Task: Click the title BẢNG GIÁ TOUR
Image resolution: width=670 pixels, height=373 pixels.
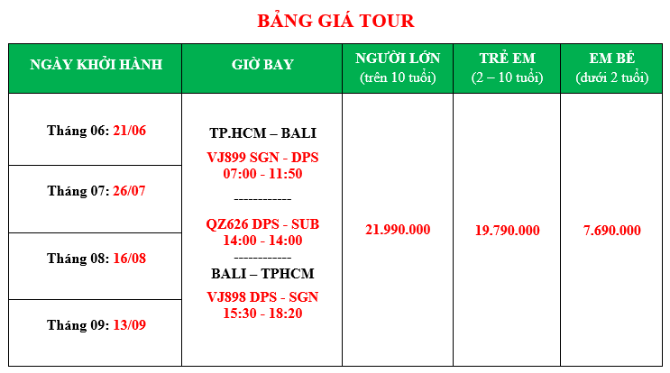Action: pyautogui.click(x=335, y=21)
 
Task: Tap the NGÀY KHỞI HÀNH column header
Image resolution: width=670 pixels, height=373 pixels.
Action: pyautogui.click(x=96, y=65)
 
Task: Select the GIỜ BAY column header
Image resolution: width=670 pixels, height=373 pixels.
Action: pyautogui.click(x=262, y=65)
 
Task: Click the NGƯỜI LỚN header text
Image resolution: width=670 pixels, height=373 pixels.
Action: pyautogui.click(x=398, y=58)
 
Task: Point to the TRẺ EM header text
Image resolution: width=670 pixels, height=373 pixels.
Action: pyautogui.click(x=507, y=58)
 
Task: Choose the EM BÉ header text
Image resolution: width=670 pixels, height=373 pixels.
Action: pyautogui.click(x=612, y=58)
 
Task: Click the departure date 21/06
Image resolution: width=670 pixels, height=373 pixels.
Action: pyautogui.click(x=130, y=131)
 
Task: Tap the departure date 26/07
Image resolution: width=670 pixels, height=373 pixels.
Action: pyautogui.click(x=129, y=191)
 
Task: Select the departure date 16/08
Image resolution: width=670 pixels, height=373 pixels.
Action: pyautogui.click(x=130, y=259)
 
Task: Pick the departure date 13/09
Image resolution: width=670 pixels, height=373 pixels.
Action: pyautogui.click(x=130, y=325)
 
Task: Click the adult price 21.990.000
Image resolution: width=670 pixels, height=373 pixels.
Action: pyautogui.click(x=398, y=230)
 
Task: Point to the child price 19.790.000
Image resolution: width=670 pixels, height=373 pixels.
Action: pyautogui.click(x=507, y=231)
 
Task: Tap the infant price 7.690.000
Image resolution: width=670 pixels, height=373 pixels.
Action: pyautogui.click(x=612, y=231)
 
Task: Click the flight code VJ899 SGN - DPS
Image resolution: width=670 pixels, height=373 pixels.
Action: pyautogui.click(x=262, y=158)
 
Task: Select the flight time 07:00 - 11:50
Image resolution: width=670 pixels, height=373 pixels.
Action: pyautogui.click(x=262, y=174)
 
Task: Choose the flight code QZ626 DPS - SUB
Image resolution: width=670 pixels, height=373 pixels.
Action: pyautogui.click(x=262, y=224)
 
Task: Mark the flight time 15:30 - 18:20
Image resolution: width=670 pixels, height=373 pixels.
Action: pyautogui.click(x=262, y=314)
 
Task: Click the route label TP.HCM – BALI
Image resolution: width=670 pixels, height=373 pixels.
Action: pyautogui.click(x=262, y=133)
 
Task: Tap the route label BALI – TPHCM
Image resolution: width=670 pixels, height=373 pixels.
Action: pyautogui.click(x=262, y=274)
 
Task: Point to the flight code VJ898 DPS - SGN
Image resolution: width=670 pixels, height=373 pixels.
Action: pyautogui.click(x=262, y=297)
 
